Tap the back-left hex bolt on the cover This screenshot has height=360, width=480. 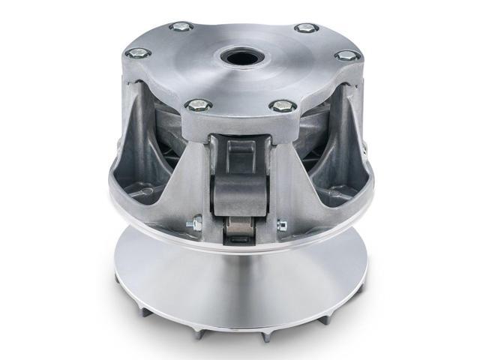click(x=181, y=27)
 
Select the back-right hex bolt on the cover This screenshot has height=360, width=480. click(x=305, y=28)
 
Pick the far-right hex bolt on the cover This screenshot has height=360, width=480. click(x=347, y=55)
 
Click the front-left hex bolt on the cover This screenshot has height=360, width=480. click(x=199, y=106)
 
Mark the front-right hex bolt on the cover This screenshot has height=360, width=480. click(x=281, y=106)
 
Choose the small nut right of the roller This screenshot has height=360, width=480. click(x=283, y=223)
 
